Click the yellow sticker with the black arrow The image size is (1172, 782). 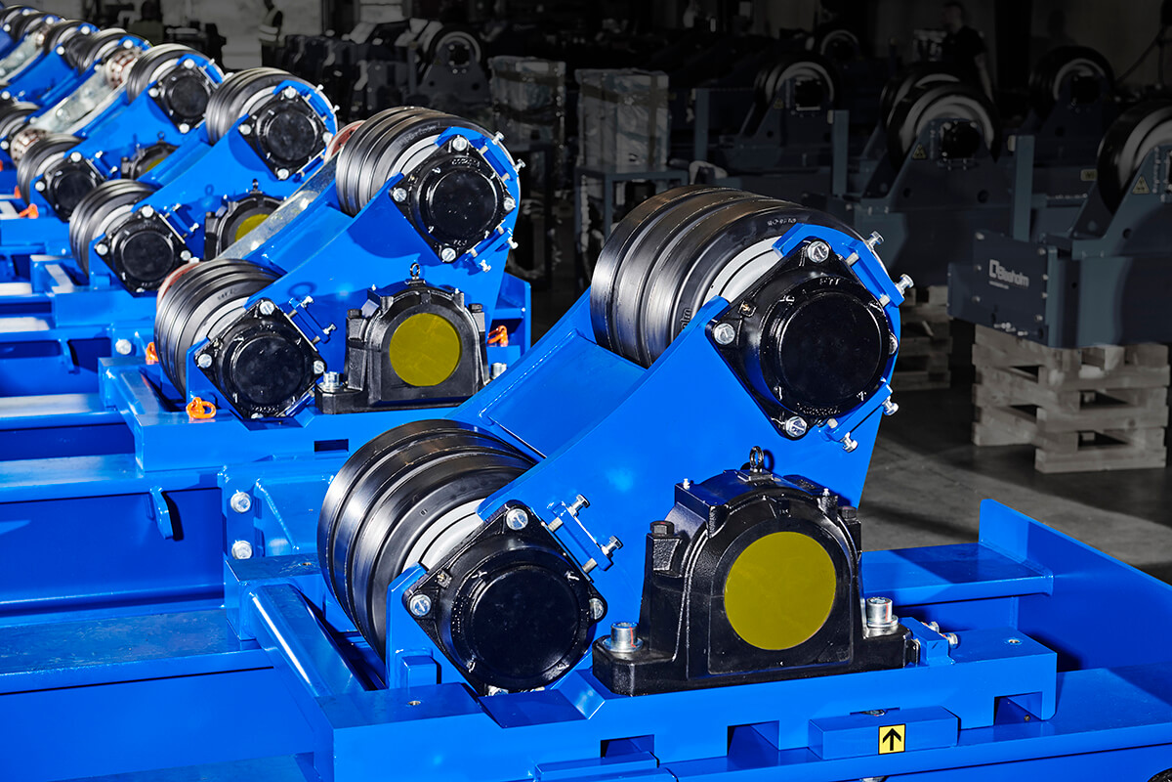tap(891, 739)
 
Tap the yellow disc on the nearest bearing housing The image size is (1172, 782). tap(779, 590)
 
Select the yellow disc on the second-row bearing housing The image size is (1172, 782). tap(425, 349)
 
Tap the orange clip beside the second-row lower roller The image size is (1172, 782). tap(200, 408)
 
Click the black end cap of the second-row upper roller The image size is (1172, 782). tap(459, 202)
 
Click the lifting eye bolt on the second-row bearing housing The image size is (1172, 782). tap(414, 271)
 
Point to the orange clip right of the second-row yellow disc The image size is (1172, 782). tap(498, 335)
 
